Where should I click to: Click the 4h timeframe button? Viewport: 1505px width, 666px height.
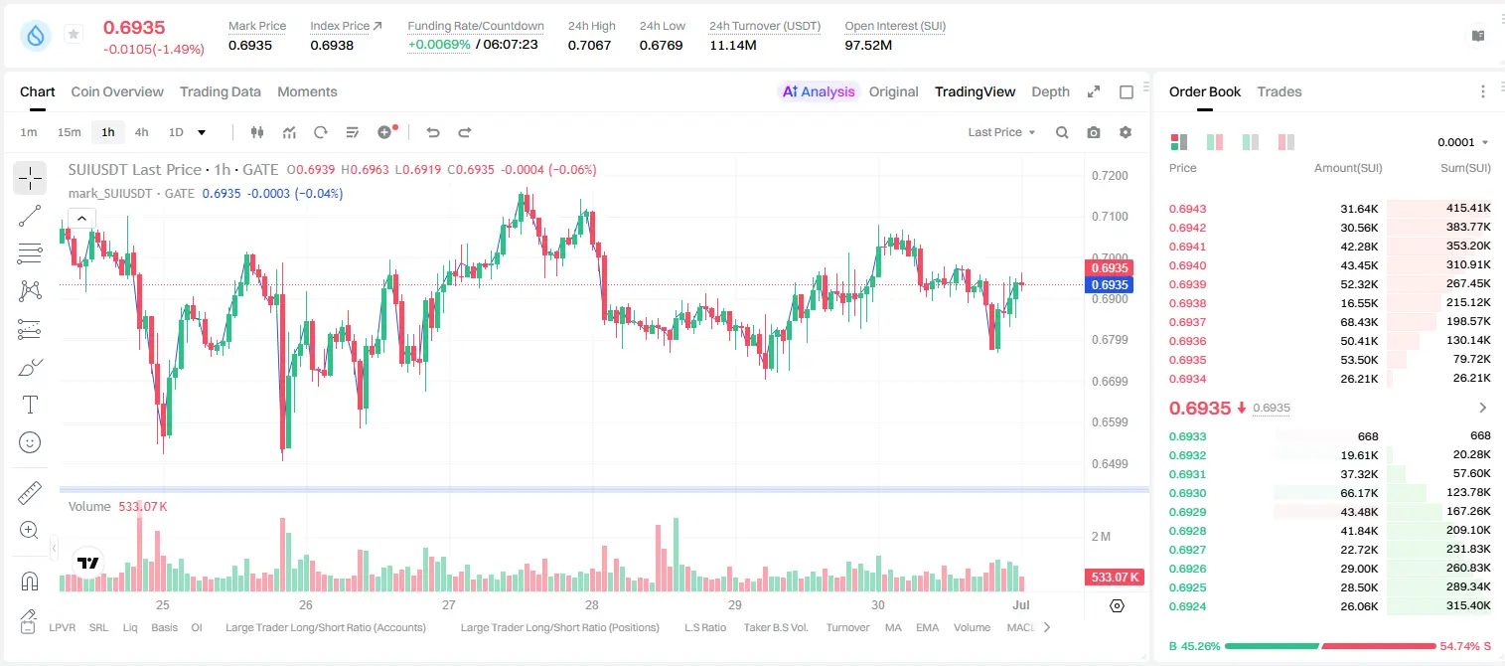141,132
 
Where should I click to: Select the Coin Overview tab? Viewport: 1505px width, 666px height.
117,91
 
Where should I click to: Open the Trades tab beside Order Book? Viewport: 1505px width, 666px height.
1279,91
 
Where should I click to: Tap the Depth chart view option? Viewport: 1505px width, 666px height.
1050,91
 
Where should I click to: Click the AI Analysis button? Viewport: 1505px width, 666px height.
819,91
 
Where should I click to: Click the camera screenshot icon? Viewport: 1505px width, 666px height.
1093,132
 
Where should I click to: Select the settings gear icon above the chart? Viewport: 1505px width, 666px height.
1126,132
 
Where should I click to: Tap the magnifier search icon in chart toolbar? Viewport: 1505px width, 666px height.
1062,132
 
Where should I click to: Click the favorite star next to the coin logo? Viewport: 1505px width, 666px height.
74,34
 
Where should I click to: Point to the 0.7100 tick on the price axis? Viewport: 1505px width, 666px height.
1110,217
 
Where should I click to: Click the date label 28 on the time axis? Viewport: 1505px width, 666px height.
591,604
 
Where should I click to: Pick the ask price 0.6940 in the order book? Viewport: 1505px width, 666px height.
1187,265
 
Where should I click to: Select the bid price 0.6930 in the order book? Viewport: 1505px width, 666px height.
1187,493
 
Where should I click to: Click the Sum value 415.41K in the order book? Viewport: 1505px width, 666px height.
1468,209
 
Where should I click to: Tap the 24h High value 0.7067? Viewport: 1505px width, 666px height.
589,45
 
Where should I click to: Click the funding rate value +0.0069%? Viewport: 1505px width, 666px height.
439,45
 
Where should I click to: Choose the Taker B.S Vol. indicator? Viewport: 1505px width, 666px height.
775,627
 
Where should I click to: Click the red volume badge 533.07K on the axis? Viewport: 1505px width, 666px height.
1114,578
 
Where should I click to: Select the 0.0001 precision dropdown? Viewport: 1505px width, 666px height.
1462,142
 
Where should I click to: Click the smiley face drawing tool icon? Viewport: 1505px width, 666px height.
30,442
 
